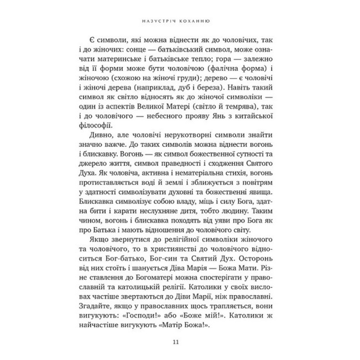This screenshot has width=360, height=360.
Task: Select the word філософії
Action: click(97, 126)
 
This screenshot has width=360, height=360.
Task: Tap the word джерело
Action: click(97, 165)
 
